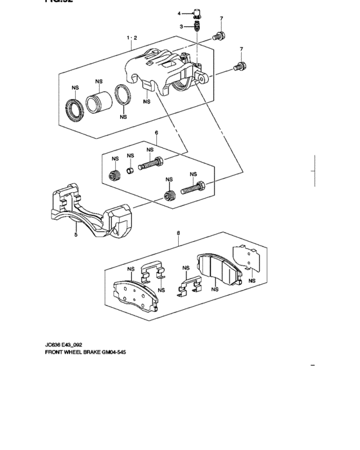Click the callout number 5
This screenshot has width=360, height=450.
tap(75, 235)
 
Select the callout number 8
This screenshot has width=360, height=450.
tap(178, 234)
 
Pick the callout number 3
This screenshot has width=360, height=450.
tap(181, 26)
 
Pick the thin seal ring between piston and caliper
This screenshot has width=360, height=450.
tap(122, 96)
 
